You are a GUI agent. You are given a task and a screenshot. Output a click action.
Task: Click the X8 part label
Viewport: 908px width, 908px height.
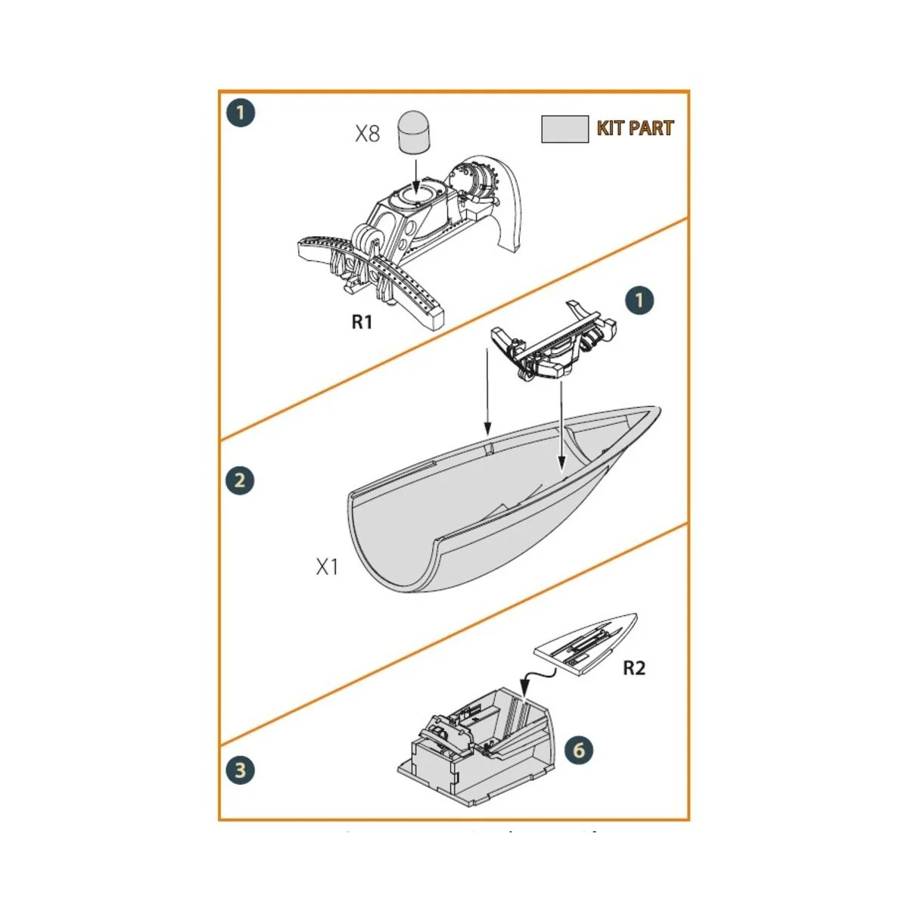[x=367, y=134]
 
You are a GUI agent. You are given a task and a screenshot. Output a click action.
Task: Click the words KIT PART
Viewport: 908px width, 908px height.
[x=635, y=128]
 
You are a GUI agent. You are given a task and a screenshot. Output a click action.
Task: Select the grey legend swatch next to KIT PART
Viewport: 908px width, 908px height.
[x=564, y=129]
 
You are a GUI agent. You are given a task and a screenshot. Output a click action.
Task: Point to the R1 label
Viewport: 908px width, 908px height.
[x=362, y=322]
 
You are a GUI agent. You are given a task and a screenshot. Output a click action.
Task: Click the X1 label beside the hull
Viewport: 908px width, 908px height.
[x=327, y=567]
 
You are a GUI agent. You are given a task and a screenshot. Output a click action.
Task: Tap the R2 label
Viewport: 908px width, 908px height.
[x=634, y=668]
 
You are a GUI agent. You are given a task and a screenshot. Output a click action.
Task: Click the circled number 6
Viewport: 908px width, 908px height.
[x=579, y=750]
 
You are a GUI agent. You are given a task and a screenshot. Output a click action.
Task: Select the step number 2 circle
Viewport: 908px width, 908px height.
[x=240, y=480]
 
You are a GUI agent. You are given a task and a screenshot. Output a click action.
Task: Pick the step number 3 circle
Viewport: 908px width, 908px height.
[x=240, y=770]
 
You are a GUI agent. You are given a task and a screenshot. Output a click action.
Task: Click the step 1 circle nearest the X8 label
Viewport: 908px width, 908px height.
[x=241, y=113]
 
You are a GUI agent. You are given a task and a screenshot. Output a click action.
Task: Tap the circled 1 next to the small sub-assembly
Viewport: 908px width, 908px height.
[x=639, y=300]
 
